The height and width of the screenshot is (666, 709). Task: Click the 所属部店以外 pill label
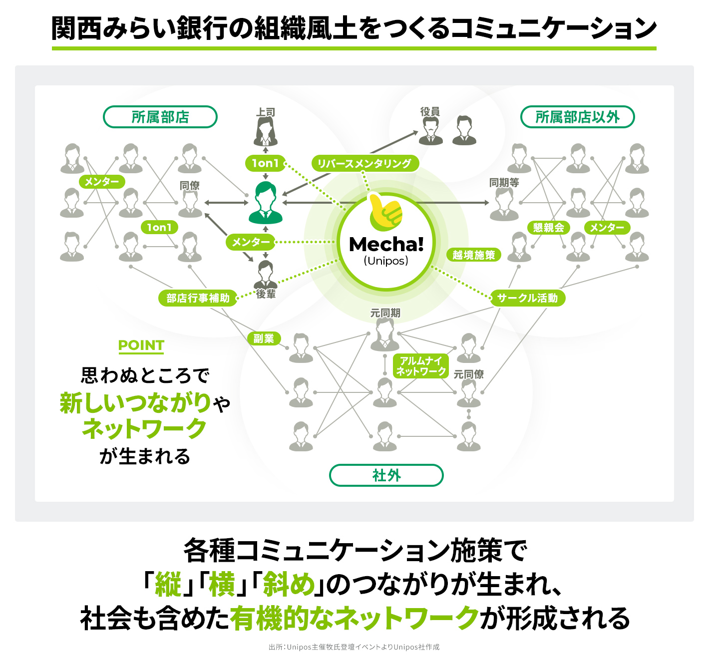coord(577,117)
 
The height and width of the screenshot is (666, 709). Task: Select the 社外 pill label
coord(386,475)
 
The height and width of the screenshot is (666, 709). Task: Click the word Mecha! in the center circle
coord(386,245)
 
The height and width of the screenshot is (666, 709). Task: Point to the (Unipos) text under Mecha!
coord(386,261)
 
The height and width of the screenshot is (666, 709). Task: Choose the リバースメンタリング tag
coord(364,163)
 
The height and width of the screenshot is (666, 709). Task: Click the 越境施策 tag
coord(473,255)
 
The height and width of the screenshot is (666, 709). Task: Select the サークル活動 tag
coord(527,298)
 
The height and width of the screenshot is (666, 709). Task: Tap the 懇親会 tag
coord(548,228)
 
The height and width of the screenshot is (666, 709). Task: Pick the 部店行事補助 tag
coord(198,298)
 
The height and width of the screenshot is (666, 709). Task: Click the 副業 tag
coord(264,338)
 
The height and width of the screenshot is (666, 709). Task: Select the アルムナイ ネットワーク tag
coord(420,366)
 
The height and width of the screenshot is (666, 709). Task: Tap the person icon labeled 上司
coord(265,132)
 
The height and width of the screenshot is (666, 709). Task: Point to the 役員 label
coord(430,112)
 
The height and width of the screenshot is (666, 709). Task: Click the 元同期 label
coord(385,313)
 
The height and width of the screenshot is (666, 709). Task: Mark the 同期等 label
coord(504,183)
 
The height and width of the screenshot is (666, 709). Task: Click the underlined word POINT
coord(141,345)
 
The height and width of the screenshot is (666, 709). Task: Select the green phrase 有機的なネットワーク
coord(354,618)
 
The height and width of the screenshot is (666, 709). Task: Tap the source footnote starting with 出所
coord(354,647)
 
